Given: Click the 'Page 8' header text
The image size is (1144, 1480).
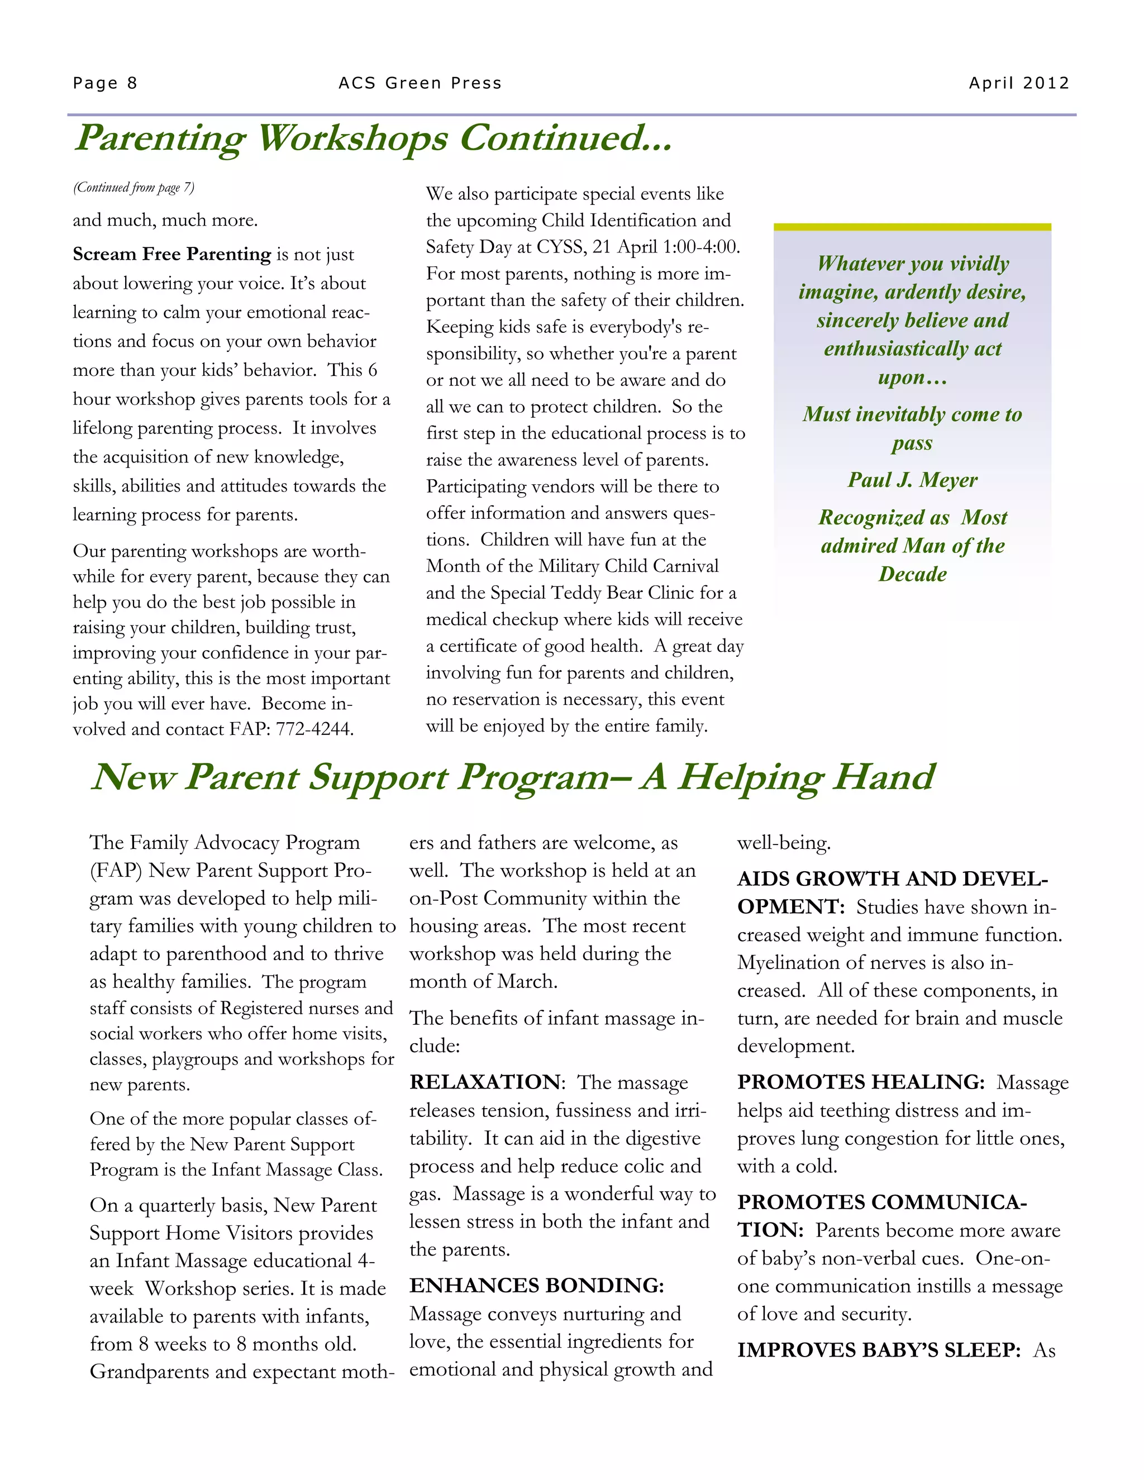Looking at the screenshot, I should coord(105,83).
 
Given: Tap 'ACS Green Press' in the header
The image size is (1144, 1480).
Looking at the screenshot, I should coord(420,83).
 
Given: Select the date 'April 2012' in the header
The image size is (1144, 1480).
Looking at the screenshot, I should coord(1019,83).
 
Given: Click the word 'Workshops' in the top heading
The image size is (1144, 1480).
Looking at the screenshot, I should coord(352,139).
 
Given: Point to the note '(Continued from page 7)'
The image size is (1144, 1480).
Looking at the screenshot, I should coord(134,188).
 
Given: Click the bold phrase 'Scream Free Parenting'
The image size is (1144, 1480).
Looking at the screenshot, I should coord(171,254).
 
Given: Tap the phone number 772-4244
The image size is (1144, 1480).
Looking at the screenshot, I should coord(314,729).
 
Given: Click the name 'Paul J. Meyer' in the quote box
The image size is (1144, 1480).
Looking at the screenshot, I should coord(912,480).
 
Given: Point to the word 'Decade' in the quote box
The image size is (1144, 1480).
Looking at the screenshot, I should coord(912,574).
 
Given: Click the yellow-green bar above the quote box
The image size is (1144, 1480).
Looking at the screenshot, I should coord(912,227).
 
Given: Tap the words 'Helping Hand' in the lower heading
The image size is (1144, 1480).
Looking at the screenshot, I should coord(807,777).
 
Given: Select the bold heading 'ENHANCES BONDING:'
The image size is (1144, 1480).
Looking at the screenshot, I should coord(536,1285).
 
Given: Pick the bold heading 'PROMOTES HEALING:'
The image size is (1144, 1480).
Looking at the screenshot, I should coord(860,1082).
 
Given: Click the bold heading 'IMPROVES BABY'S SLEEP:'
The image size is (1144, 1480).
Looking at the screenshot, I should coord(878,1350).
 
